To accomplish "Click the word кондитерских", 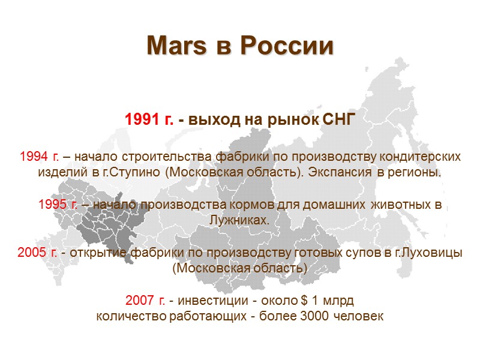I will pos(423,157).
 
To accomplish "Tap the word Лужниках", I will pos(240,221).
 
